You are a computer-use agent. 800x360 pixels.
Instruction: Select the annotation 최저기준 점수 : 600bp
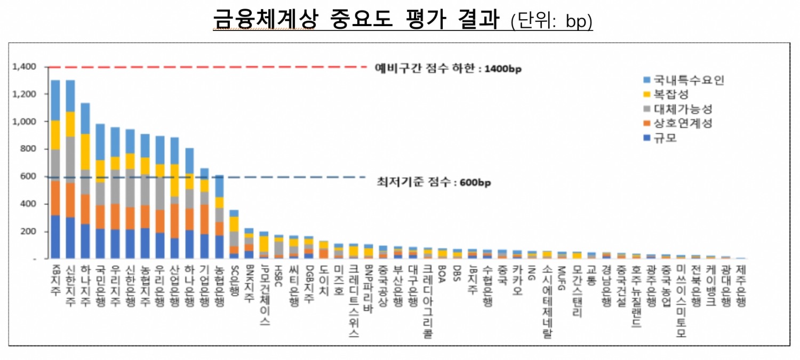433,182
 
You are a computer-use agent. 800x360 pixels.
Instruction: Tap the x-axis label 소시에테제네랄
546,302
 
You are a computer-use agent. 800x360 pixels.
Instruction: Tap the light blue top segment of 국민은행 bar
100,142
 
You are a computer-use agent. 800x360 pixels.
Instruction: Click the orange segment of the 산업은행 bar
175,221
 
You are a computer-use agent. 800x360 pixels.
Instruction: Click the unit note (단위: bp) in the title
551,21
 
